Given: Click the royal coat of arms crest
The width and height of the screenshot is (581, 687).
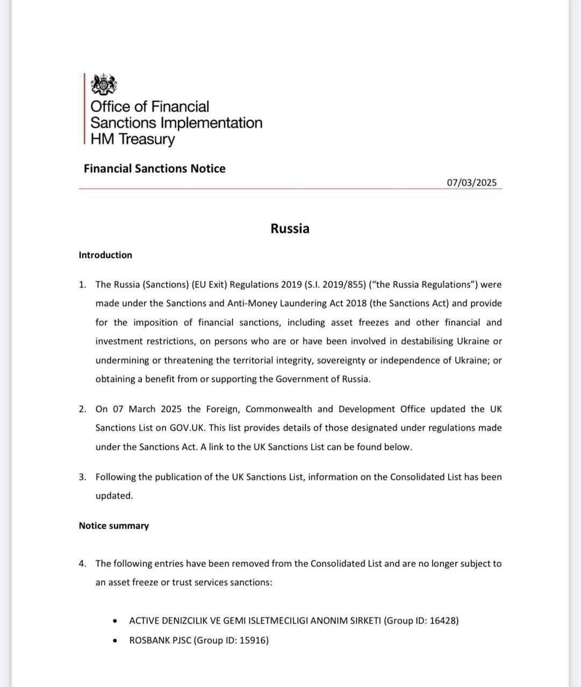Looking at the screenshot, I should [103, 85].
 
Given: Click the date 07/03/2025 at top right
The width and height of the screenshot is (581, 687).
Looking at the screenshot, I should [472, 182].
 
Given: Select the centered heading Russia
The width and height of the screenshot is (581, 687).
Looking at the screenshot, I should [290, 229].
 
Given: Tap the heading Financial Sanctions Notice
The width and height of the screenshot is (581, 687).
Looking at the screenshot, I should [154, 169].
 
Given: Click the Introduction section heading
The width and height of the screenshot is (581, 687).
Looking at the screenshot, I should [105, 255].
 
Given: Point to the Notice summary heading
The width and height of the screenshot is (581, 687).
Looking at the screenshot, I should [113, 525].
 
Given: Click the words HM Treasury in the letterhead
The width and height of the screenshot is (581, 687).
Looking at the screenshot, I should [133, 139].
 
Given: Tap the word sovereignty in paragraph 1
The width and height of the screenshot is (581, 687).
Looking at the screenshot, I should [341, 360].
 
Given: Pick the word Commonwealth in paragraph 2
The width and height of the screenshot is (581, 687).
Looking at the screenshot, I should [279, 409].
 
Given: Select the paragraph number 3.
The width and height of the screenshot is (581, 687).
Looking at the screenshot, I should [82, 477].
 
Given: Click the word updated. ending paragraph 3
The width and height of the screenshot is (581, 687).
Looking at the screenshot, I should [114, 495].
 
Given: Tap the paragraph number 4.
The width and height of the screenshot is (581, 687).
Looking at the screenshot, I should [82, 564].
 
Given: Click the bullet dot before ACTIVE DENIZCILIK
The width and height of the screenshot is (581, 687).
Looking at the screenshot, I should [115, 621].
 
